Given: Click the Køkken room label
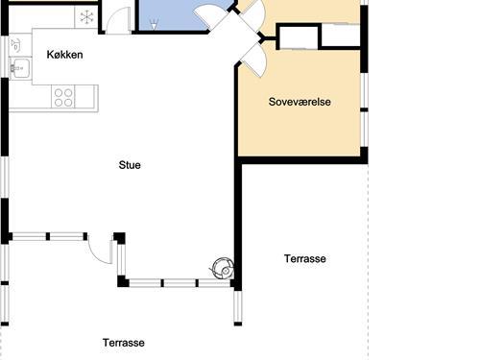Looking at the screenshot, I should click(x=64, y=55).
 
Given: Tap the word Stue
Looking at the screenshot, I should click(x=130, y=165).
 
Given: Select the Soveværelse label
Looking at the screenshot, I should click(x=300, y=102).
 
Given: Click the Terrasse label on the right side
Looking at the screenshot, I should click(x=305, y=259).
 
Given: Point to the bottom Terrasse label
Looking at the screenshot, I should click(x=124, y=343).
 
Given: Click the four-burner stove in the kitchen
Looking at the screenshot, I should click(x=63, y=96).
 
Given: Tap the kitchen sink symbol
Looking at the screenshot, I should click(x=18, y=67).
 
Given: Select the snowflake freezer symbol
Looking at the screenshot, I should click(x=86, y=15).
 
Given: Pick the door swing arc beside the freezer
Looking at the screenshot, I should click(x=117, y=19).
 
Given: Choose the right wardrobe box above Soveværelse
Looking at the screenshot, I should click(x=340, y=36).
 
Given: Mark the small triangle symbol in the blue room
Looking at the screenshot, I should click(x=153, y=27).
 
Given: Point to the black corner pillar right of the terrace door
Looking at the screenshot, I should click(x=120, y=238).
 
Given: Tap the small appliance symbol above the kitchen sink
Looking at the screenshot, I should click(x=16, y=45).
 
